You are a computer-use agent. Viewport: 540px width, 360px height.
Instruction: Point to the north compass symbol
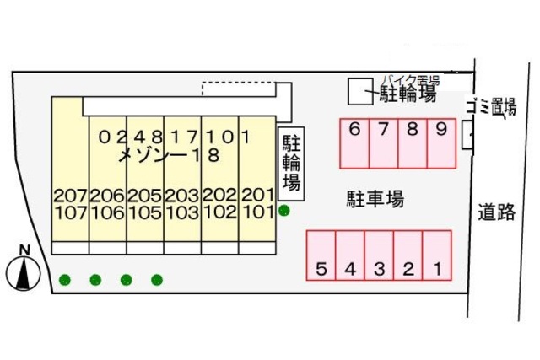tap(24, 271)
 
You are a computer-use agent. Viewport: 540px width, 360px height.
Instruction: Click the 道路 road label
tap(495, 212)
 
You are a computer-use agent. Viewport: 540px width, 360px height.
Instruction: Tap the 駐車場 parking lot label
tap(375, 200)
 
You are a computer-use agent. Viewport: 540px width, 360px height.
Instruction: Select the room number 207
tap(70, 196)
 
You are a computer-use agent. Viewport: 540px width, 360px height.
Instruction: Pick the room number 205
tap(144, 196)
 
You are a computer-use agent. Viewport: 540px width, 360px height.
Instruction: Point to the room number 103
tap(181, 212)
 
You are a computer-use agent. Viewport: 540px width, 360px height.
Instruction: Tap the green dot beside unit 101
tap(284, 211)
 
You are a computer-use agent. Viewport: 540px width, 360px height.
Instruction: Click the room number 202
tap(219, 196)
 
